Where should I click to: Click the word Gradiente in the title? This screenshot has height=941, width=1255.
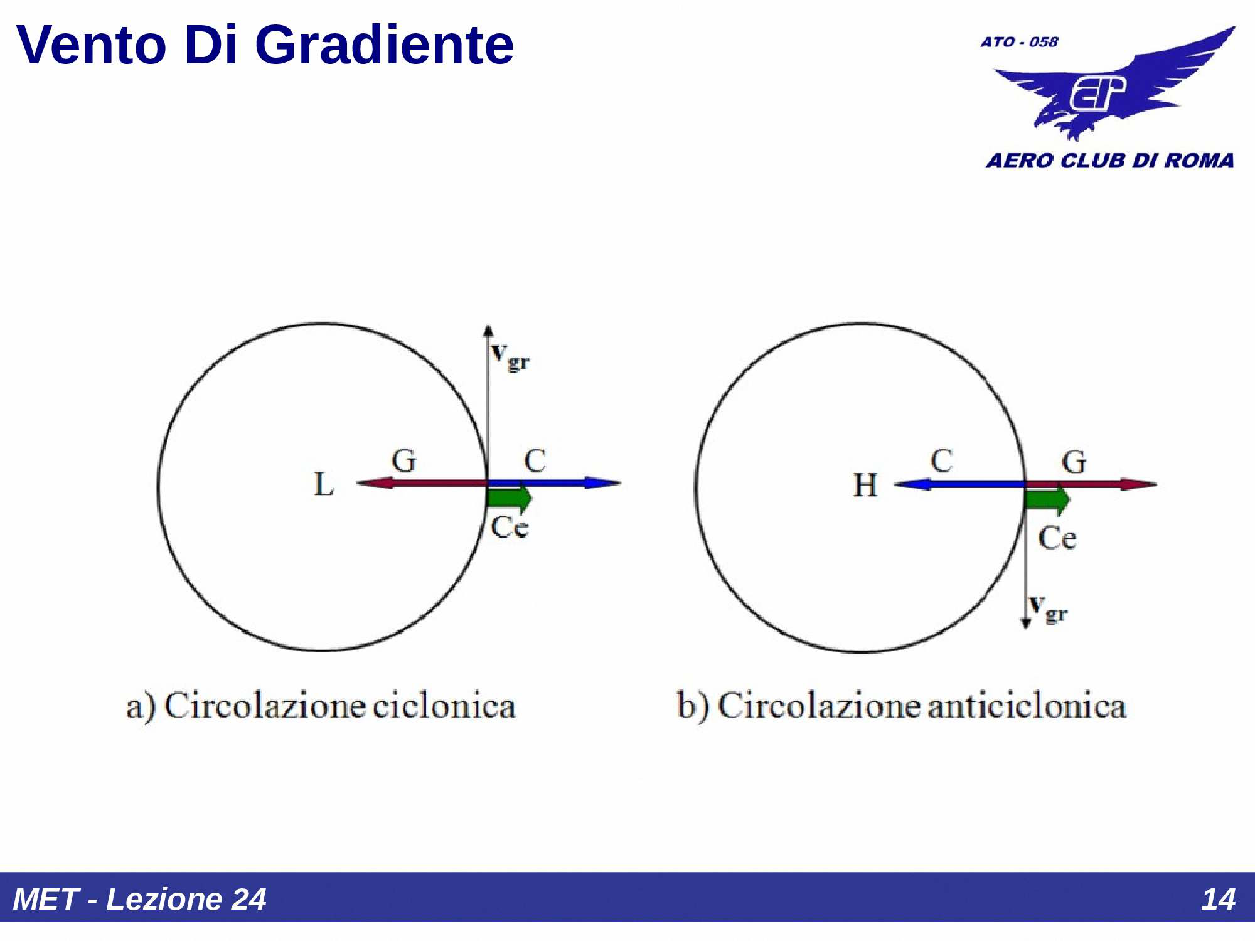[385, 45]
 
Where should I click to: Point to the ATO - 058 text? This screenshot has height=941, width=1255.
[1019, 42]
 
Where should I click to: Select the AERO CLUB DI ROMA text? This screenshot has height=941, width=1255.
[1109, 161]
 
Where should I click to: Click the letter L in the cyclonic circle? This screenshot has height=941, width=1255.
[323, 484]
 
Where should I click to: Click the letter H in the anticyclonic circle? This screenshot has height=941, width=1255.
[865, 485]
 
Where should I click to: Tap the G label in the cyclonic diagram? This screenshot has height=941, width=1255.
[403, 460]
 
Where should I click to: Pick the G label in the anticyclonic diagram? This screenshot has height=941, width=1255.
[1074, 462]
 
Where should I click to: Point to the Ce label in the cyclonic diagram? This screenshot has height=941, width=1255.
[510, 527]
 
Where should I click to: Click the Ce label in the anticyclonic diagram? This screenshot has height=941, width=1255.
[1057, 538]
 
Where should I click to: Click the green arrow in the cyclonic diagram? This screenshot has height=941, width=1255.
[510, 498]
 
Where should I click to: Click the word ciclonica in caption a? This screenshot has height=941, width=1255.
[444, 706]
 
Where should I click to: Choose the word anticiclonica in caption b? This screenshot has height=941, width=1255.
[1027, 706]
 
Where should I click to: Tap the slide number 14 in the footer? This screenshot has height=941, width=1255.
[1218, 899]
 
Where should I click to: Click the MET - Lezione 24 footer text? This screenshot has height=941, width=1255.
[139, 899]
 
